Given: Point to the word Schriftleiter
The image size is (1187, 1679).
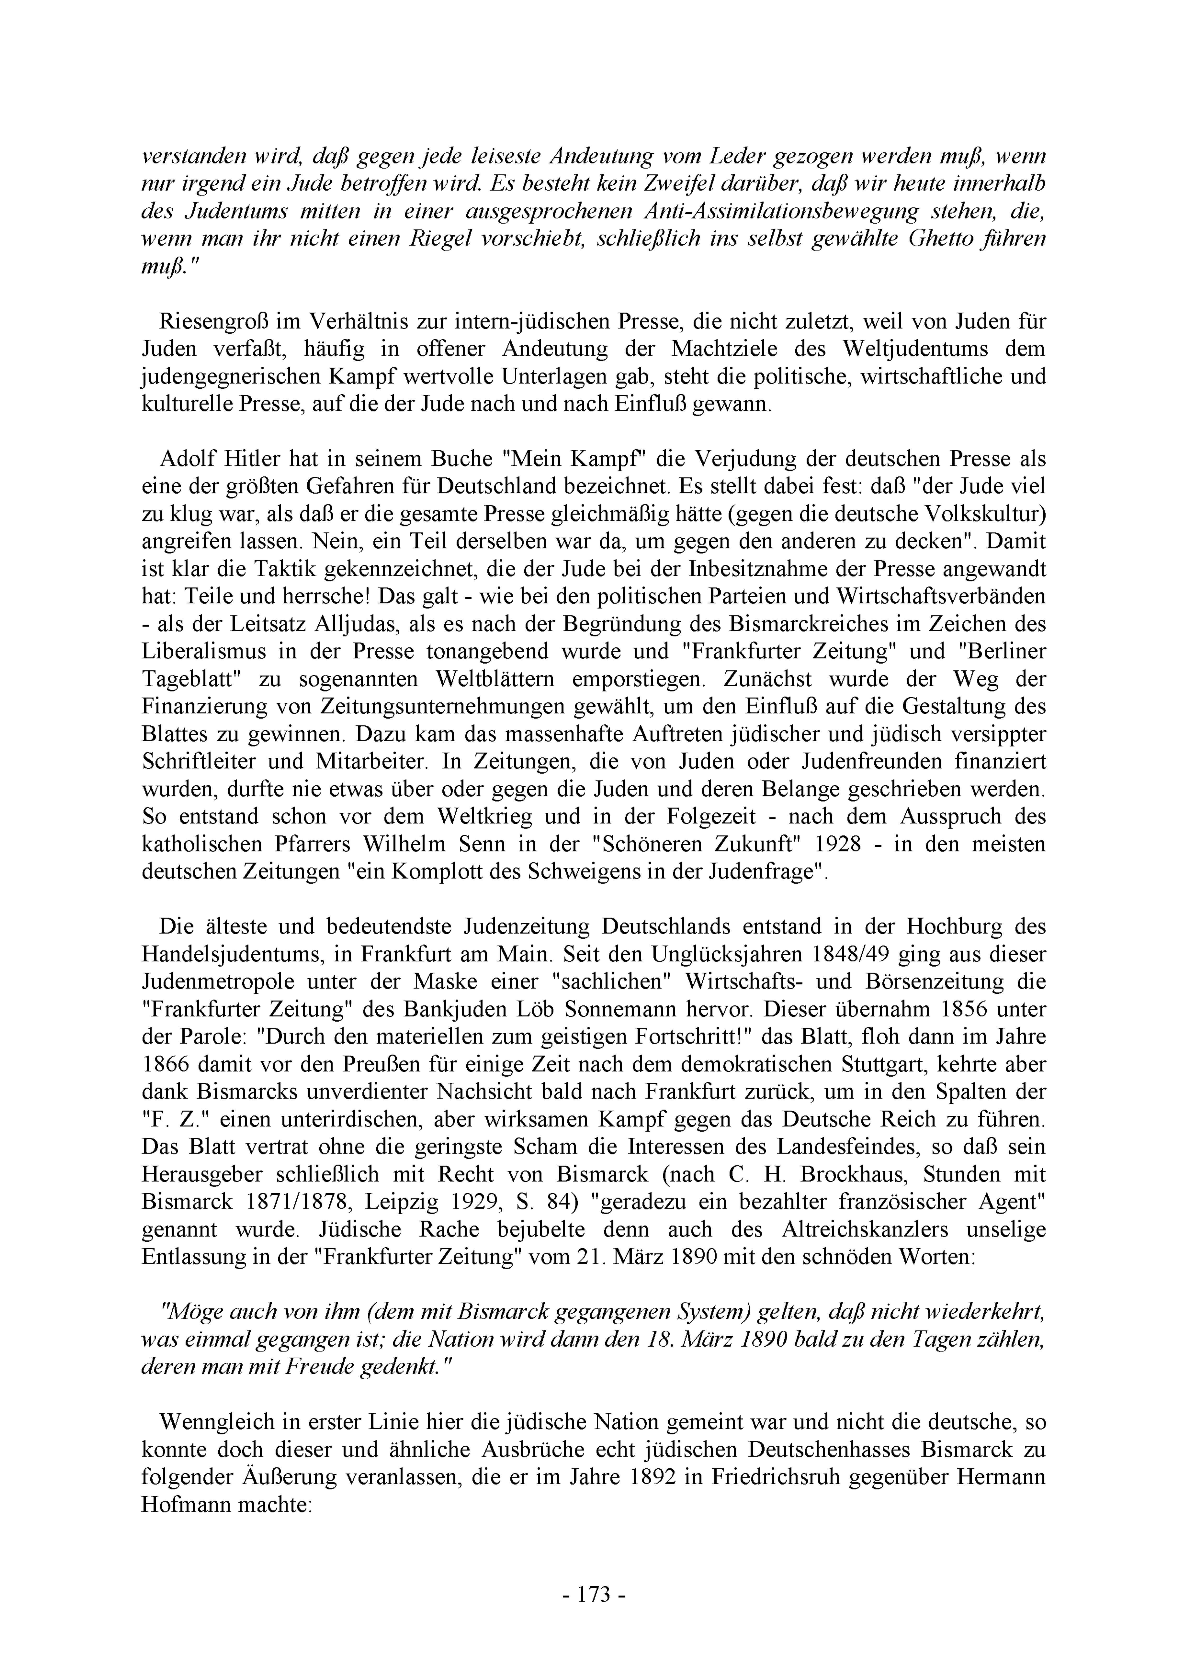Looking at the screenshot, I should coord(199,761).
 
